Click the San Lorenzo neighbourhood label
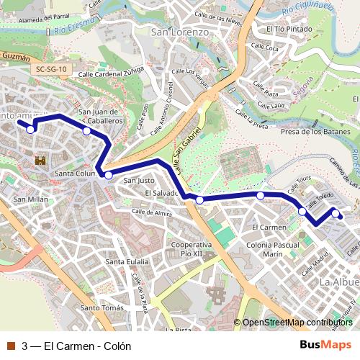click(x=180, y=32)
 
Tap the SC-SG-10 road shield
click(x=53, y=69)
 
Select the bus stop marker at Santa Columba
click(x=108, y=175)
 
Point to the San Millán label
click(x=30, y=199)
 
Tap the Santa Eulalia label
click(x=127, y=261)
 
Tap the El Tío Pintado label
click(x=288, y=30)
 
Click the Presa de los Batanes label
click(x=315, y=132)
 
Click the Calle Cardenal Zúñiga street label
click(x=107, y=73)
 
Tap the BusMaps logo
click(x=325, y=345)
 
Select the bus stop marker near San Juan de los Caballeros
click(x=86, y=131)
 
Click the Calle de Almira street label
click(x=152, y=213)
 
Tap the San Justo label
click(x=140, y=180)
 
